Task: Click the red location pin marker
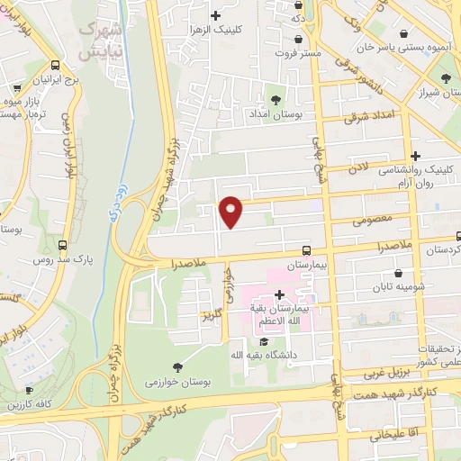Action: (x=231, y=211)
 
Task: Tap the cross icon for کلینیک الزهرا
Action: (x=215, y=15)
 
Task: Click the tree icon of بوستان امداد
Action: (x=275, y=100)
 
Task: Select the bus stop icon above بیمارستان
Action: (x=307, y=251)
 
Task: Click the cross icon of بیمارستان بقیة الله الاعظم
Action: (x=279, y=294)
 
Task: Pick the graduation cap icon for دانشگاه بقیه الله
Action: (x=264, y=341)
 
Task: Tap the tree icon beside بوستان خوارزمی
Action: (x=176, y=366)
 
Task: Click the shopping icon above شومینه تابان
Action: (x=399, y=274)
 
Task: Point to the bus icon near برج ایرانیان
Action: (x=56, y=66)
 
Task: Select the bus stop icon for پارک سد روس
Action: (x=62, y=245)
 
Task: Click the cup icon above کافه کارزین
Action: (x=29, y=391)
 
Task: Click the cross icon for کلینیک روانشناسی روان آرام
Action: (x=414, y=157)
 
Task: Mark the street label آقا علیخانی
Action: (x=391, y=434)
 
